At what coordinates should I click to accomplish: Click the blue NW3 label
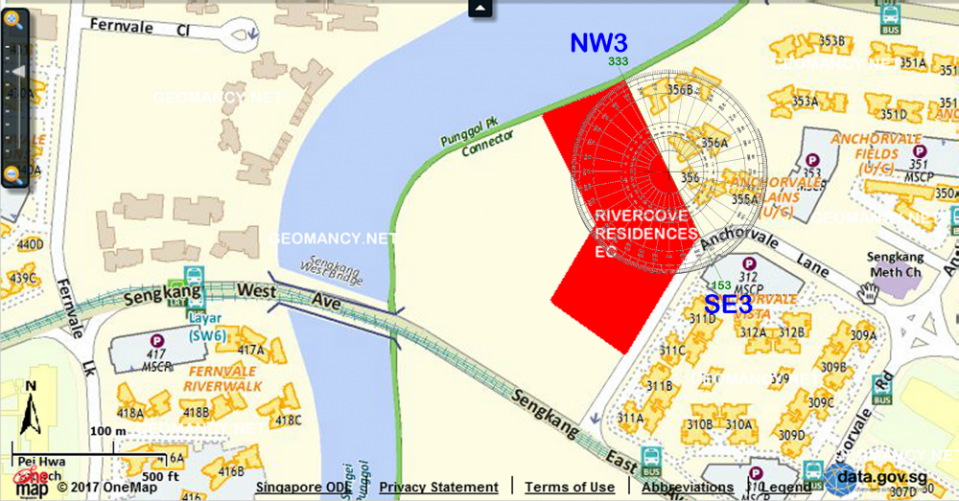tap(599, 43)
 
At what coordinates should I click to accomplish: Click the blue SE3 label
tap(728, 305)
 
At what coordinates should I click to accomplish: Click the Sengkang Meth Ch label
tap(894, 264)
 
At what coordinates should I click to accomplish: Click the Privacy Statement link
tap(438, 488)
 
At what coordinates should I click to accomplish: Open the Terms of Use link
tap(570, 488)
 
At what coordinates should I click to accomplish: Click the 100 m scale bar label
tap(107, 431)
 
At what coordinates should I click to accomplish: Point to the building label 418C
tap(288, 420)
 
